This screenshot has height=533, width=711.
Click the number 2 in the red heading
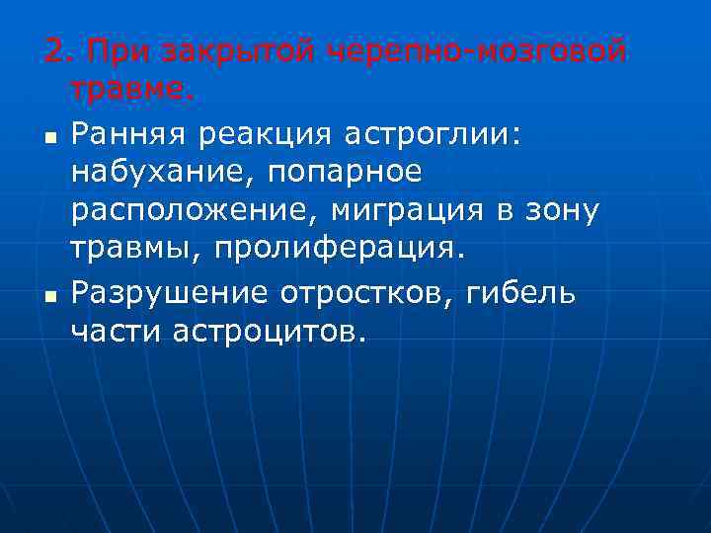(x=53, y=50)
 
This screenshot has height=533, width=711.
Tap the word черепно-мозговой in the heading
(x=476, y=50)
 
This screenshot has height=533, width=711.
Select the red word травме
(x=132, y=90)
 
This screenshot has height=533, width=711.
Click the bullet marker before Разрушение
(x=49, y=295)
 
